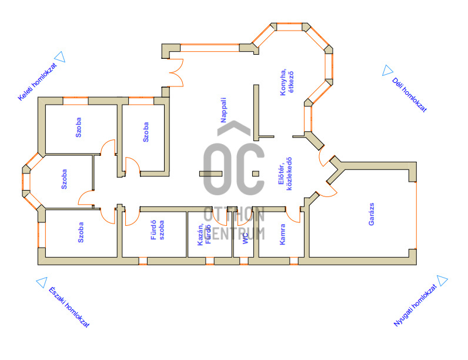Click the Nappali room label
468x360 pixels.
[223, 110]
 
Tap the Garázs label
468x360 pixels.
[372, 214]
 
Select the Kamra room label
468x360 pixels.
[282, 234]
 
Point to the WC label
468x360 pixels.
[245, 238]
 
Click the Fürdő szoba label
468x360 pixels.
[158, 230]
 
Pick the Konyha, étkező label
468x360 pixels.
[287, 82]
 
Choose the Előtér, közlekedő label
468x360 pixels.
[285, 174]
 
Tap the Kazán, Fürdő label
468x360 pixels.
[205, 235]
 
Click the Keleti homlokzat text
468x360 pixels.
[37, 82]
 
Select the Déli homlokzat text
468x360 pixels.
[409, 95]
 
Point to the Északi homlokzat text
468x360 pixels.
[69, 307]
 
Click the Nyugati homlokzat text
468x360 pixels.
[415, 305]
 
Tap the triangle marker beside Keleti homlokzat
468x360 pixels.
[61, 56]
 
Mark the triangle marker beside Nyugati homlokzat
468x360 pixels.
[442, 281]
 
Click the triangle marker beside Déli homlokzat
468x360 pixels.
[387, 71]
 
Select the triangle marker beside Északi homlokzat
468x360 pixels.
[42, 282]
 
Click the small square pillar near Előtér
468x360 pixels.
[256, 174]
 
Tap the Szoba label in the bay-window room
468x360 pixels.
[64, 179]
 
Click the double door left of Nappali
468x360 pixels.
[176, 72]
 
